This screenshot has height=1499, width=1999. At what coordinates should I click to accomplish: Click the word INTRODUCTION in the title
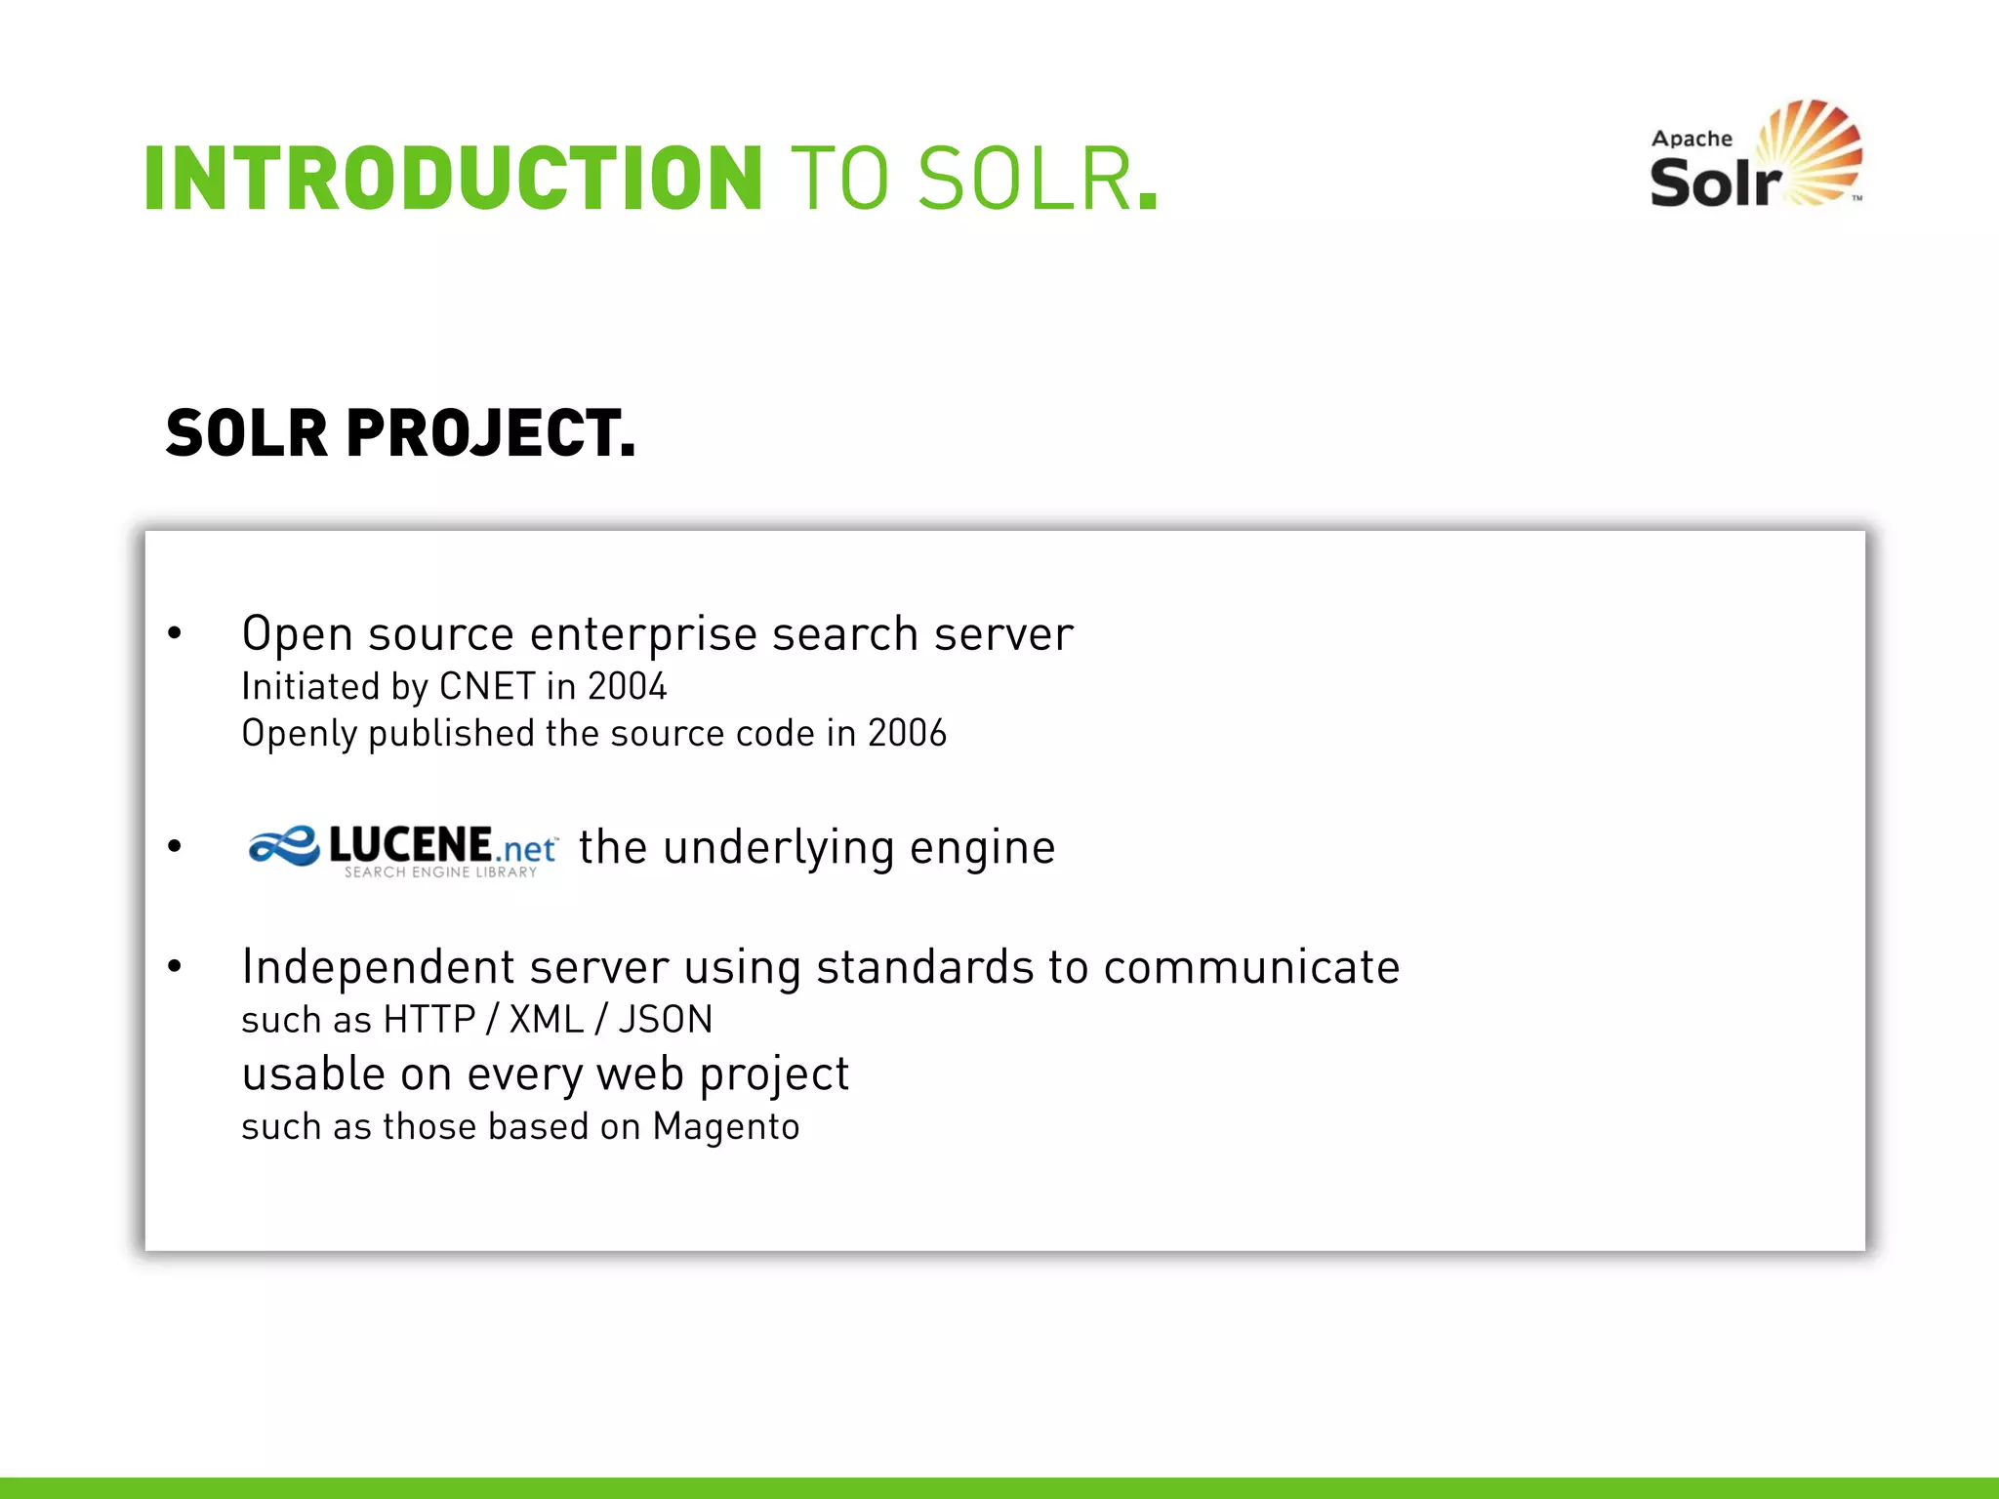[x=453, y=178]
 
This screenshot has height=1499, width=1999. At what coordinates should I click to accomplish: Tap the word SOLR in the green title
[x=1025, y=178]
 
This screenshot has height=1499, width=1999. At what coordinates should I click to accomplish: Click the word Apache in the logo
[x=1692, y=139]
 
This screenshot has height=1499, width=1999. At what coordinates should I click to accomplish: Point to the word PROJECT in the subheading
[x=490, y=433]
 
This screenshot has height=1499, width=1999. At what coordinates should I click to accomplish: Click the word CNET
[x=487, y=686]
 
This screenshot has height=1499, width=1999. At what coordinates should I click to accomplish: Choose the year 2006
[x=907, y=733]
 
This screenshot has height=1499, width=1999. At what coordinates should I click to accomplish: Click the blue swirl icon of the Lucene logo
[x=283, y=846]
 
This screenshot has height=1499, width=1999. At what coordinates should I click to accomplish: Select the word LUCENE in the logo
[x=410, y=844]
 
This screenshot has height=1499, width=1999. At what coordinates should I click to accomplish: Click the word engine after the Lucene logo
[x=982, y=847]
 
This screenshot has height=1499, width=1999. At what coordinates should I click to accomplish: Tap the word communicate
[x=1251, y=967]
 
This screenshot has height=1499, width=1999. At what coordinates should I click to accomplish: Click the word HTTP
[x=428, y=1020]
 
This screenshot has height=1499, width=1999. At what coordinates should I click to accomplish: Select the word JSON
[x=666, y=1020]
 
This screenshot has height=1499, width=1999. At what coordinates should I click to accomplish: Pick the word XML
[x=547, y=1020]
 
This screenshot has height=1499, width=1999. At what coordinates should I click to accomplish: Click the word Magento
[x=726, y=1127]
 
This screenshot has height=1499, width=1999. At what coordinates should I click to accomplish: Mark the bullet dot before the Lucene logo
[x=175, y=846]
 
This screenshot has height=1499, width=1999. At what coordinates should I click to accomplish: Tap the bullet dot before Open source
[x=175, y=633]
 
